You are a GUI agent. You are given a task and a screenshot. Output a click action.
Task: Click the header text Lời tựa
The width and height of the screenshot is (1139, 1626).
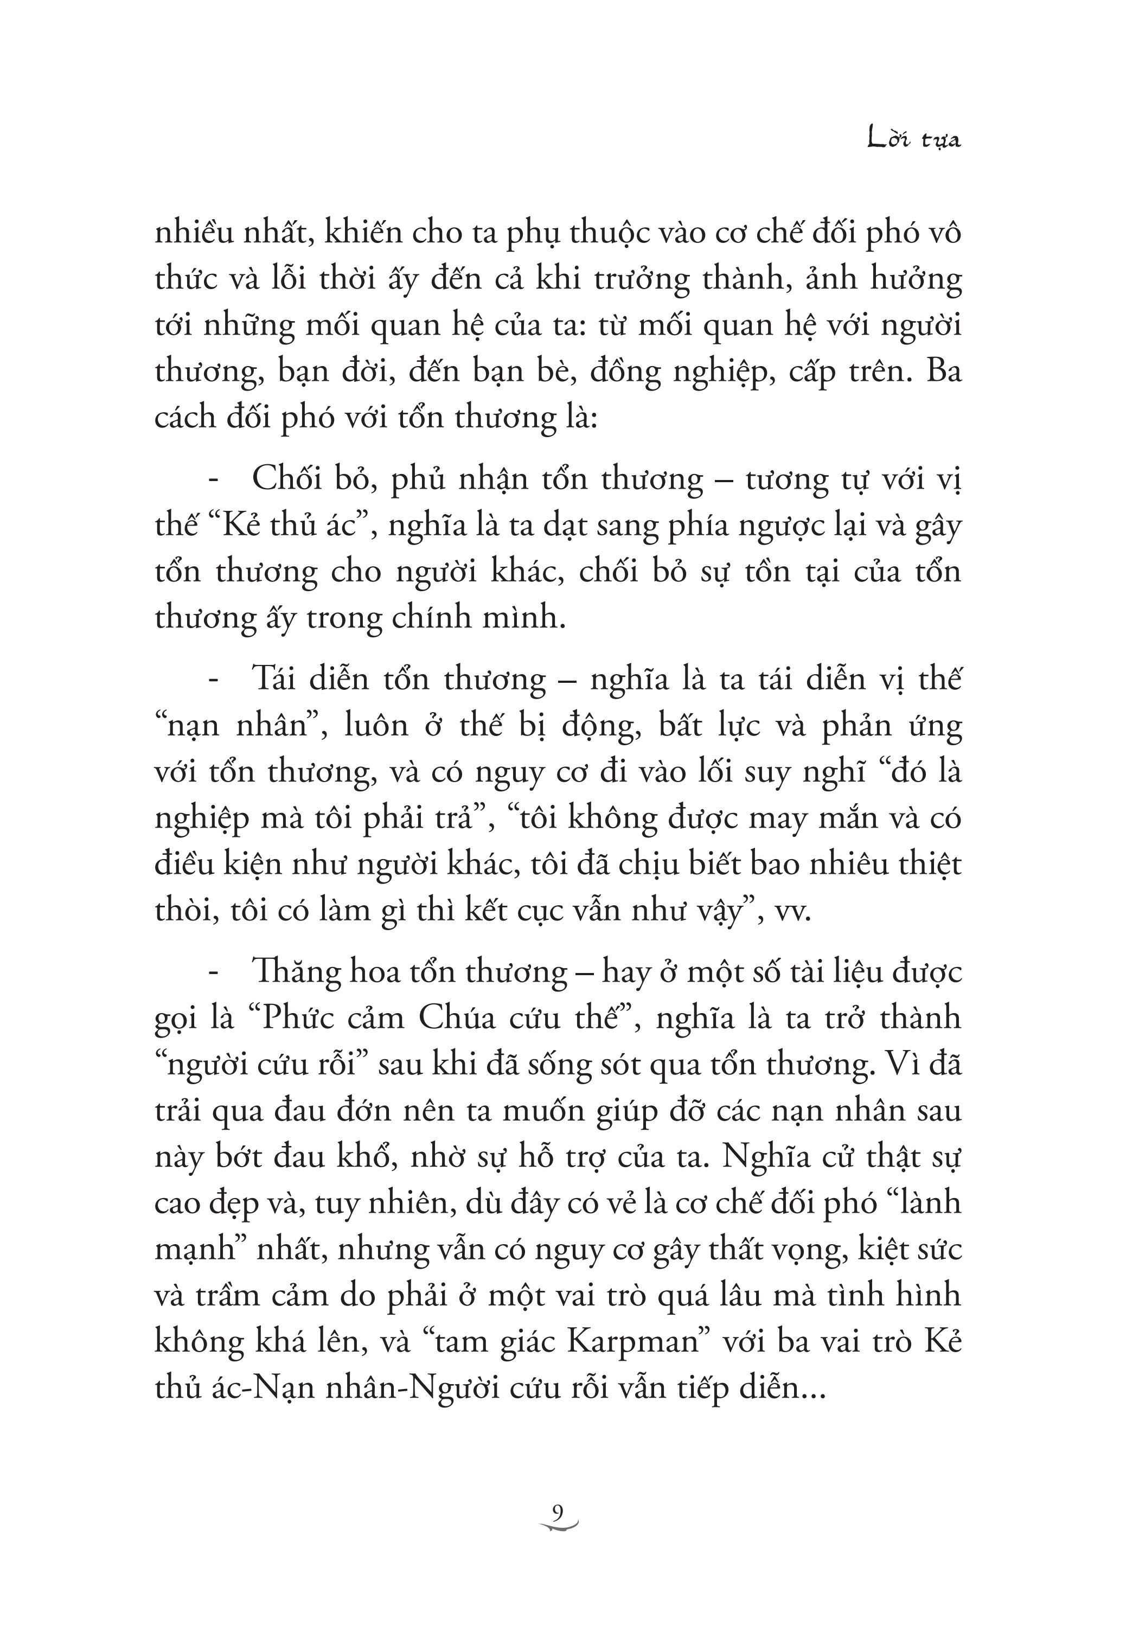[914, 139]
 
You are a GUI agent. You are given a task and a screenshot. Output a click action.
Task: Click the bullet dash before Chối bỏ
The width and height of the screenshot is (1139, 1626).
[213, 479]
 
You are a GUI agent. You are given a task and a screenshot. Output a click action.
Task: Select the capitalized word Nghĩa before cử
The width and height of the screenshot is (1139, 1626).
[766, 1157]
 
